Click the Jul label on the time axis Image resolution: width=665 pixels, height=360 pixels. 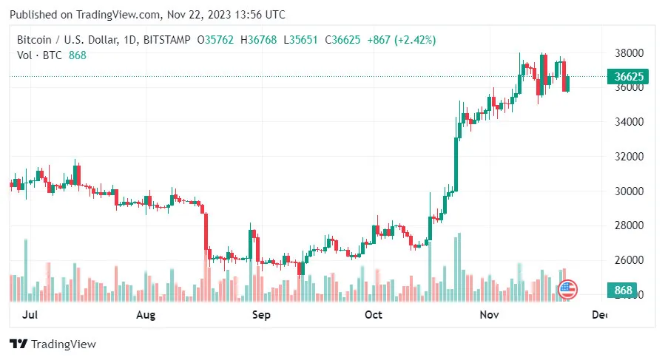30,316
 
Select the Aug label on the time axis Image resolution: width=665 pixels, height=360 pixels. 146,316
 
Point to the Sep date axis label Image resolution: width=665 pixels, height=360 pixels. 261,316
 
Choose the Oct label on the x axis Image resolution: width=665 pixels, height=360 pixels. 374,316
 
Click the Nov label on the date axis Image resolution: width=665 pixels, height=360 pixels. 488,316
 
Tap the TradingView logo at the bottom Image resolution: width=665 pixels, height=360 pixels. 53,344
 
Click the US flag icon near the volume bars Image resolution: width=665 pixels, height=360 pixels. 567,290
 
